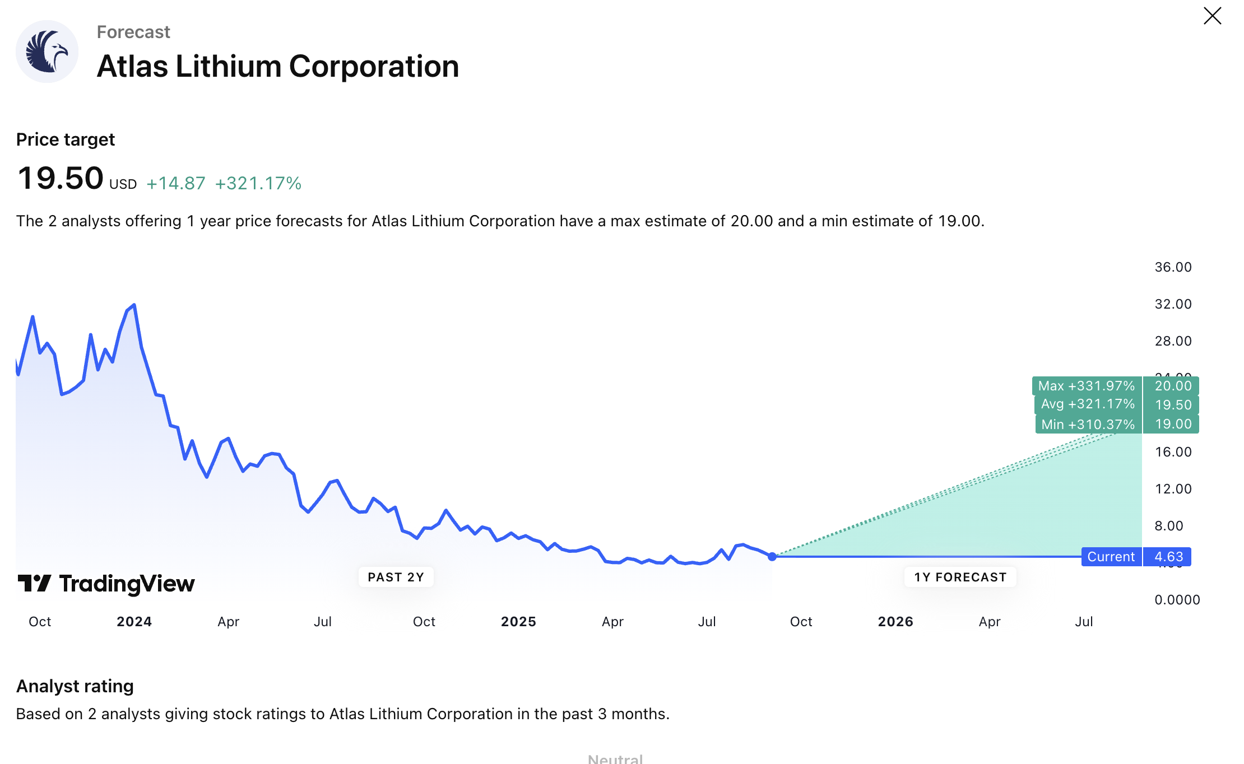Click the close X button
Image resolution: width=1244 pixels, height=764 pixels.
pos(1212,16)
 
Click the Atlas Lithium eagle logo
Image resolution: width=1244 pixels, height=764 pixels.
pos(47,52)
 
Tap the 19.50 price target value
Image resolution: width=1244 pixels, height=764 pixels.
pos(61,178)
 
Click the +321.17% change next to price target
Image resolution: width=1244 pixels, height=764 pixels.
pos(258,184)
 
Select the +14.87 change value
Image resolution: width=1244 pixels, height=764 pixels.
pos(176,184)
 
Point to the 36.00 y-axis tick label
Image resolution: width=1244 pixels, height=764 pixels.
pos(1173,267)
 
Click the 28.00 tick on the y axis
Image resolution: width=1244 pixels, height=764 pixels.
pos(1173,341)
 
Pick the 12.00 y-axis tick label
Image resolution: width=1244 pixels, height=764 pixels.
pos(1173,489)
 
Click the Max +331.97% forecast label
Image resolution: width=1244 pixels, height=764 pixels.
pos(1086,386)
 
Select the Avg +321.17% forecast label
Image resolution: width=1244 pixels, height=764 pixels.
pos(1087,404)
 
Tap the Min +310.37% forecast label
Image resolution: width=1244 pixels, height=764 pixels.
pos(1088,425)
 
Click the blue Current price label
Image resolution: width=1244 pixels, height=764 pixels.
pos(1111,557)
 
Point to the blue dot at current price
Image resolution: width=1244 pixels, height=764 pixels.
pos(772,556)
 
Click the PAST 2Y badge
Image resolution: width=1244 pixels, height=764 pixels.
pos(396,577)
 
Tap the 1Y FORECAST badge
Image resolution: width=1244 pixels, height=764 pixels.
pos(960,577)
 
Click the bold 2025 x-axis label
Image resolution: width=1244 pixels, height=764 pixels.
pos(518,622)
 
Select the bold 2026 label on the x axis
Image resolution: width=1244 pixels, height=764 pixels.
pos(895,622)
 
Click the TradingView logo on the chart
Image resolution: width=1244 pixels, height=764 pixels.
pos(106,584)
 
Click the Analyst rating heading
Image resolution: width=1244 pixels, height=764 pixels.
pos(75,686)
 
